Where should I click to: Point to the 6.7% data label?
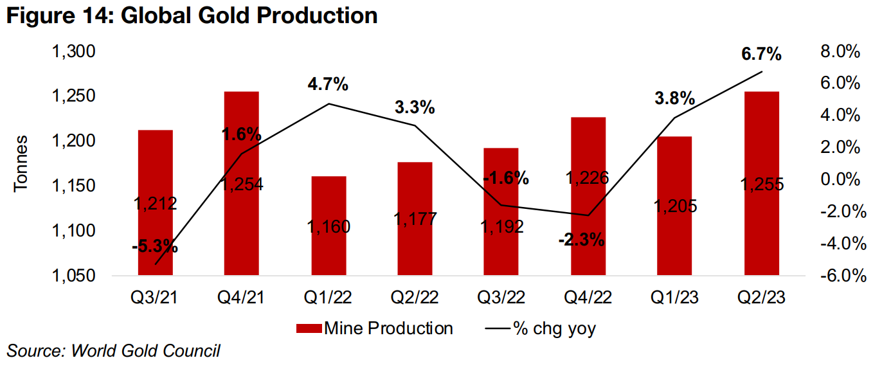(761, 54)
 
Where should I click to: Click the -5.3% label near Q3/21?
(155, 247)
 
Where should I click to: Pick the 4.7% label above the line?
(328, 84)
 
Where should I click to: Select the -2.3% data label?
(582, 240)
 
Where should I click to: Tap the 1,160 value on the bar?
(328, 226)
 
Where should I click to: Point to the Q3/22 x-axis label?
(501, 298)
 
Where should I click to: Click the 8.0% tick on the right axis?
(840, 51)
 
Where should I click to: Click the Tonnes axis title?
(21, 163)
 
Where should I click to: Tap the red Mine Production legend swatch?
(308, 329)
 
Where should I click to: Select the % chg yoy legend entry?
(540, 329)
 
